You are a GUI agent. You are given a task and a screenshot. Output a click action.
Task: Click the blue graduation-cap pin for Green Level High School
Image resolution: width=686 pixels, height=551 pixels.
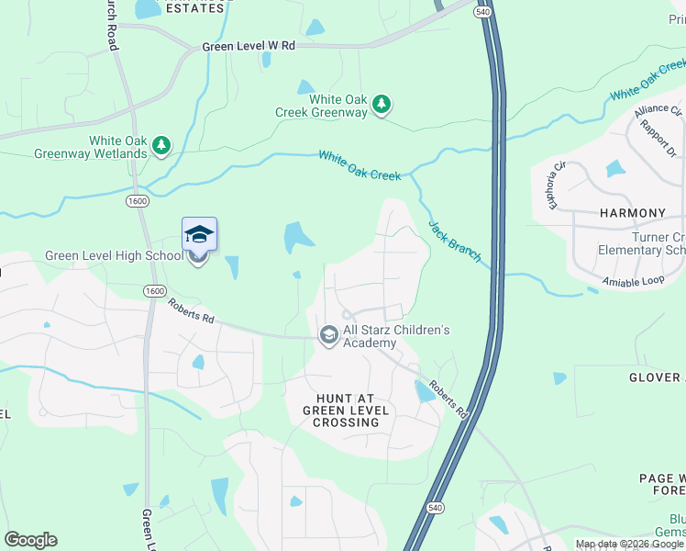click(199, 235)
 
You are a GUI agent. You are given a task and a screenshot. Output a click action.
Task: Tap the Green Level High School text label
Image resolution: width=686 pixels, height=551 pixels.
click(114, 255)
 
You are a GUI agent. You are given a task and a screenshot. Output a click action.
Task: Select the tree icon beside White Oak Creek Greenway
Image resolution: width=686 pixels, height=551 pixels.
click(381, 107)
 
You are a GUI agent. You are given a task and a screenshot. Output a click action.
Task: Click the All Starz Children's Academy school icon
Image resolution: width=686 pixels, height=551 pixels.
click(328, 336)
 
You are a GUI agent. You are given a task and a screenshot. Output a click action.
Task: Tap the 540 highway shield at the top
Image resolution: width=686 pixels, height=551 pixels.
click(482, 10)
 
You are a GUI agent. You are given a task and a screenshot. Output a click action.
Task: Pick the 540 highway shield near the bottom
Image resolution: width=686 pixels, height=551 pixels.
click(435, 506)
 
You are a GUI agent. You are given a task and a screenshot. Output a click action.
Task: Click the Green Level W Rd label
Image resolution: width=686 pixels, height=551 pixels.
click(249, 46)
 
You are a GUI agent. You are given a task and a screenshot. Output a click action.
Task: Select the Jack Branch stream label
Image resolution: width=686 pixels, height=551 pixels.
click(454, 241)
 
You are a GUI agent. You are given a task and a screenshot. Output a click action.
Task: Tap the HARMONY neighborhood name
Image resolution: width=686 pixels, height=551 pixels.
click(632, 213)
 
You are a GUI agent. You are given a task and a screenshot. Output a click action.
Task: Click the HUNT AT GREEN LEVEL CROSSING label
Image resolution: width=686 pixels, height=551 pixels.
click(345, 410)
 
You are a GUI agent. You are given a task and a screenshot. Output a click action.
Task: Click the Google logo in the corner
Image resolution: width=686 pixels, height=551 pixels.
click(30, 540)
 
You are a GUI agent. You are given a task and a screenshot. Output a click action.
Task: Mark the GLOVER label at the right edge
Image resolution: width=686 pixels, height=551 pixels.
click(656, 377)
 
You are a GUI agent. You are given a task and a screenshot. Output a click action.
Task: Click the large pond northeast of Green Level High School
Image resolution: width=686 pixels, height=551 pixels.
click(297, 237)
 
